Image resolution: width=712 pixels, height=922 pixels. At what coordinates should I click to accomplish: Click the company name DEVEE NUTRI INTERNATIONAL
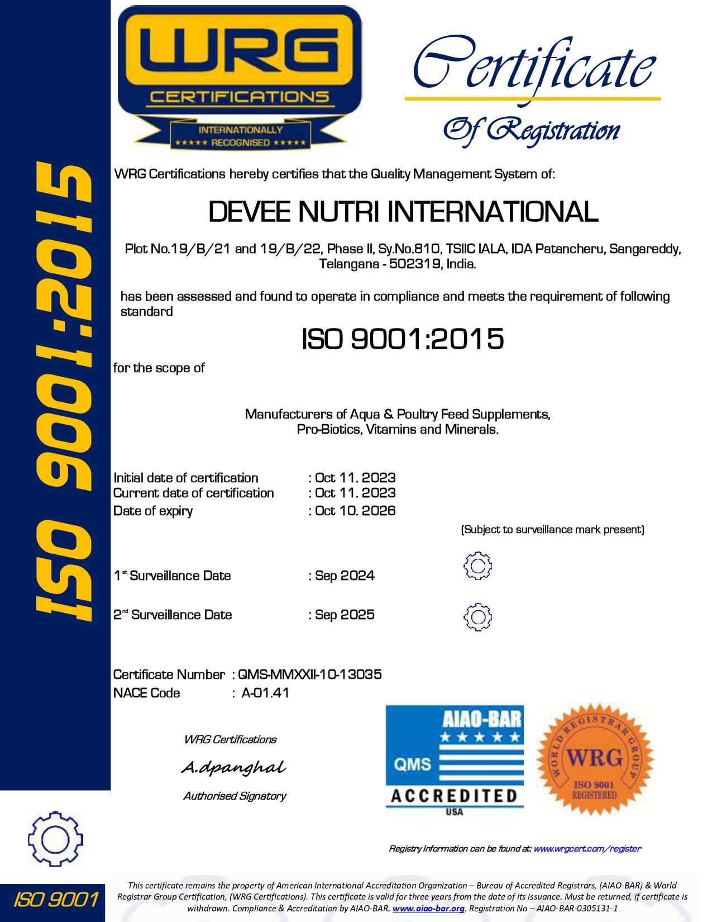click(403, 212)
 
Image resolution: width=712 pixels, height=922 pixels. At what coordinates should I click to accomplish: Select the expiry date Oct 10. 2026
click(355, 511)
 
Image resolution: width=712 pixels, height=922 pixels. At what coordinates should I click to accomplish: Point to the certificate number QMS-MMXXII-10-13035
click(310, 674)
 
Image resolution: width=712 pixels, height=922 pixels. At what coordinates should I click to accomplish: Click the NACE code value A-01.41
click(265, 693)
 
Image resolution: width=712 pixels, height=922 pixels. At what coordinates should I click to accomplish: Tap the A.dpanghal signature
click(233, 768)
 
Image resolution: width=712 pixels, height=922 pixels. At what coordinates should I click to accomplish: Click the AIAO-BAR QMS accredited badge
click(455, 760)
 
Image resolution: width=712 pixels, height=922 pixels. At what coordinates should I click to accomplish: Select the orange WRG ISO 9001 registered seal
click(594, 760)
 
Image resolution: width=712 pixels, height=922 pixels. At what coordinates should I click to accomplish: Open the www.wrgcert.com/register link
click(587, 849)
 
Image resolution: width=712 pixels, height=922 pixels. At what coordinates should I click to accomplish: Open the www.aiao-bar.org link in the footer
click(428, 909)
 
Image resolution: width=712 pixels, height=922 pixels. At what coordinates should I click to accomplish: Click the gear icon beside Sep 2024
click(477, 566)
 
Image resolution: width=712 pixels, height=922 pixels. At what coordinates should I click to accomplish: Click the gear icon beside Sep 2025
click(477, 617)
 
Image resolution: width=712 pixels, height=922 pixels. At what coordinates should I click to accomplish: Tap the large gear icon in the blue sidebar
click(55, 839)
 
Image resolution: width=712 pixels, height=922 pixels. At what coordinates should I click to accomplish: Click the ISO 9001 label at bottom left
click(55, 900)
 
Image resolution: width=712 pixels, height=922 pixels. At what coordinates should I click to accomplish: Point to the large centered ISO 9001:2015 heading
click(403, 339)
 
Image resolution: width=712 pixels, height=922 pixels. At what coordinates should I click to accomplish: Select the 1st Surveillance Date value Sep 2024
click(345, 576)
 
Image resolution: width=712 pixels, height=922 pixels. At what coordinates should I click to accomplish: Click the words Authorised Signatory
click(235, 796)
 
